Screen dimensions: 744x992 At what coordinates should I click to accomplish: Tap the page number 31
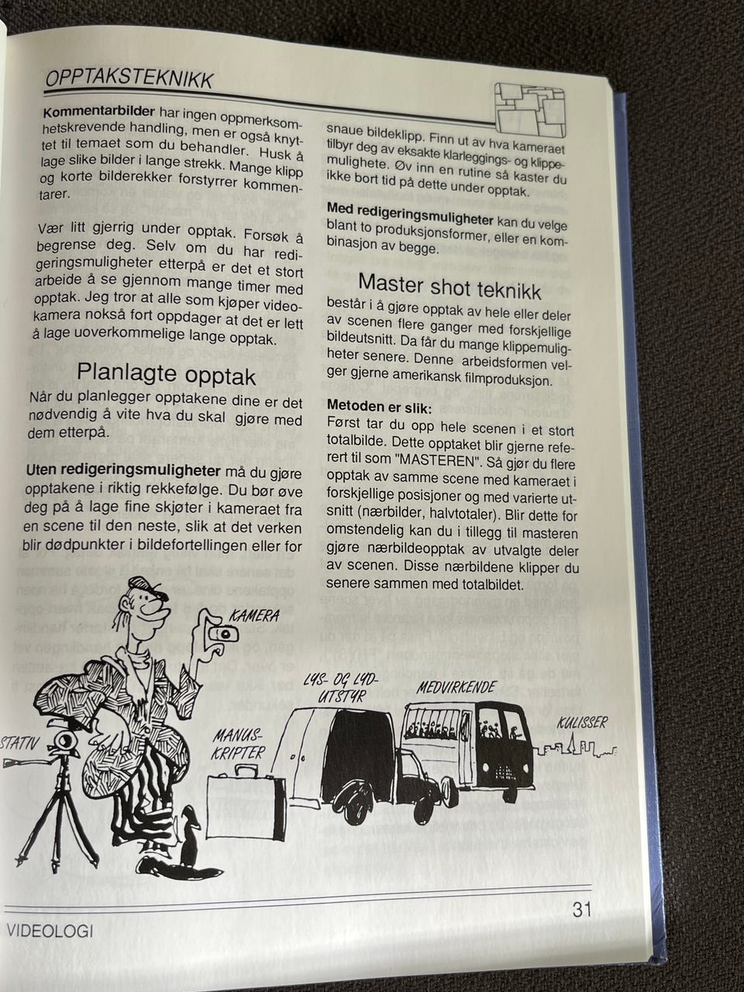(582, 910)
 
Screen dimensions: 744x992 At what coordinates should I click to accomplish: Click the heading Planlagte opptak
(166, 374)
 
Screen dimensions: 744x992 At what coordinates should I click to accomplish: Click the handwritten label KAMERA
(254, 615)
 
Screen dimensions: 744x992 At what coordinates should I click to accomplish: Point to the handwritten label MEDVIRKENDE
(456, 688)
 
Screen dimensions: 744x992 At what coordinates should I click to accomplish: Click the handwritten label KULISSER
(582, 723)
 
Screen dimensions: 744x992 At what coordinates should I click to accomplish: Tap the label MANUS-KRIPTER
(239, 743)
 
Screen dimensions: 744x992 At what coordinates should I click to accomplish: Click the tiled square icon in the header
(529, 110)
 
